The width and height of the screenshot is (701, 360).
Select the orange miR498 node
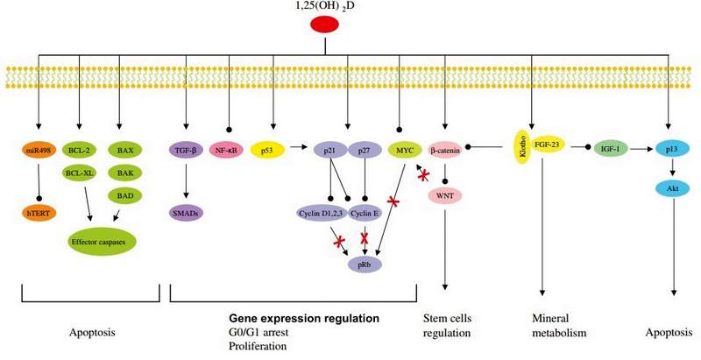click(x=38, y=150)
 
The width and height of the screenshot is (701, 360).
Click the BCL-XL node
click(x=80, y=173)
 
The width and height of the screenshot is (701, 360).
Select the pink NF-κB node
click(x=227, y=150)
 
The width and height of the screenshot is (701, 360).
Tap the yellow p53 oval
click(x=268, y=150)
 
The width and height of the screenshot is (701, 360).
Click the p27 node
click(x=365, y=150)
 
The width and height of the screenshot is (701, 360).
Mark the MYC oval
click(x=404, y=150)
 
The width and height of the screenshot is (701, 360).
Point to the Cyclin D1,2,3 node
click(x=321, y=211)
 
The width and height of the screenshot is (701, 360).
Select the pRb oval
click(x=365, y=264)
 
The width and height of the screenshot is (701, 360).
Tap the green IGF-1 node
click(x=610, y=150)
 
